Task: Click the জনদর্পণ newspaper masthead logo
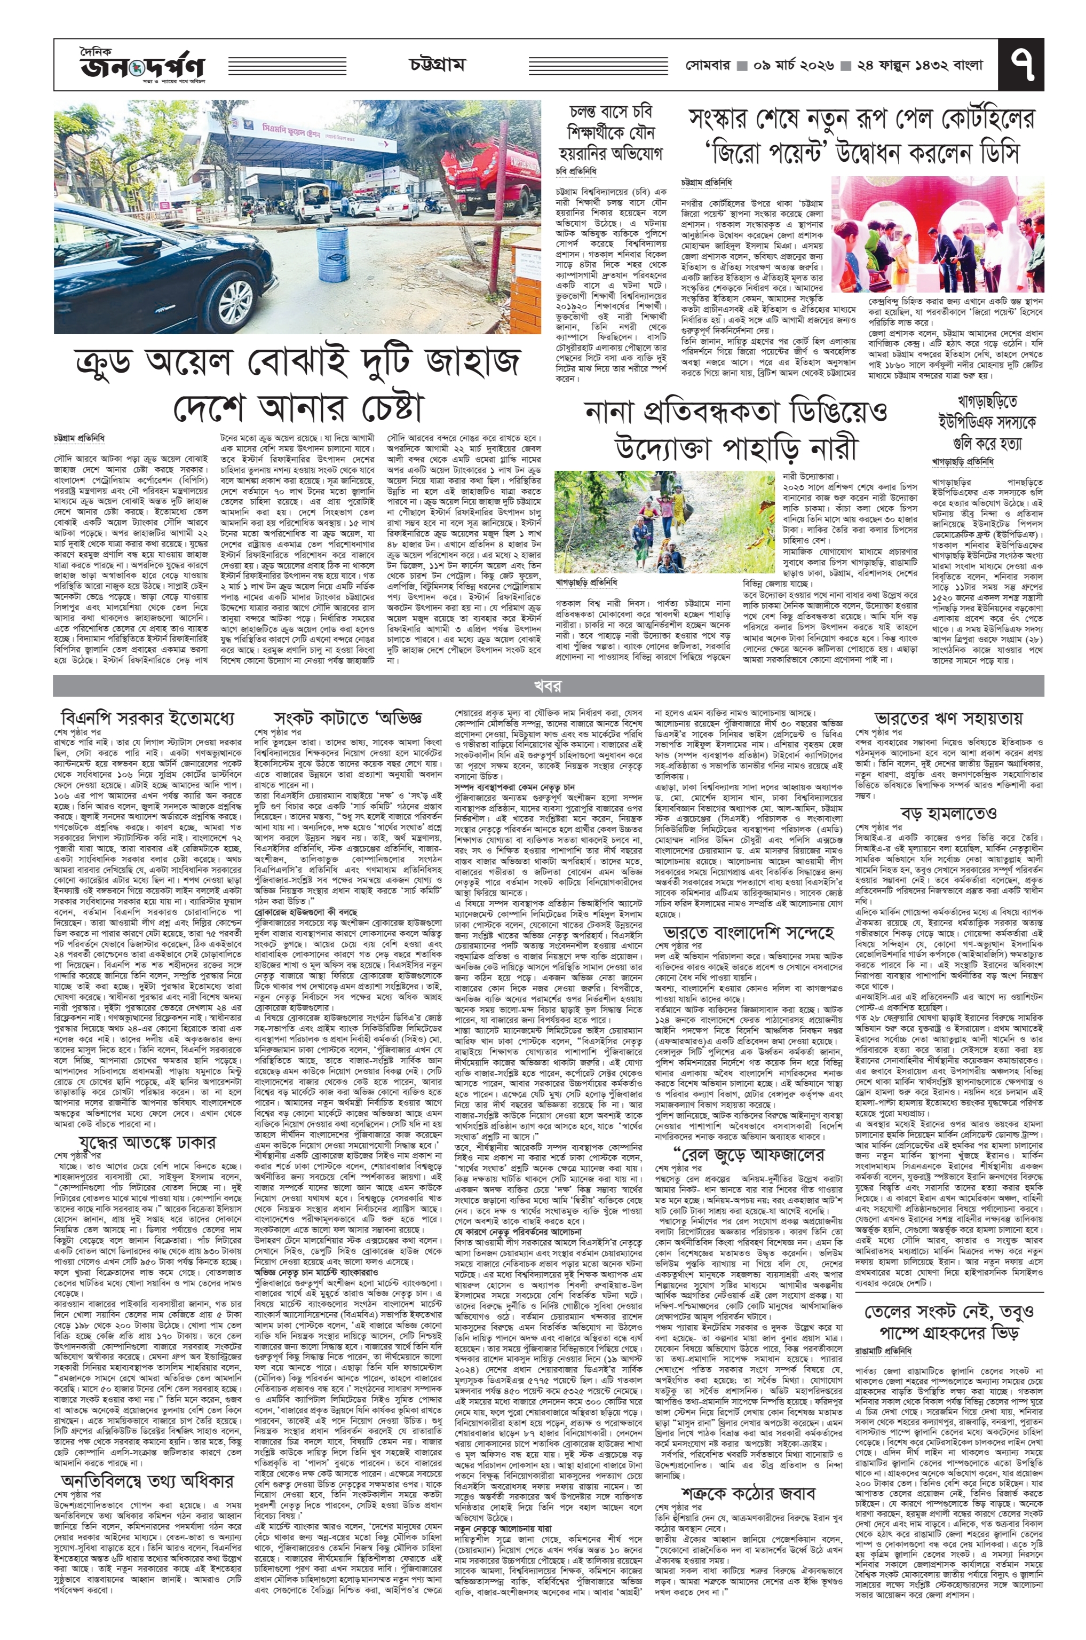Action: [142, 67]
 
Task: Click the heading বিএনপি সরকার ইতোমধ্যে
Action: [147, 717]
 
